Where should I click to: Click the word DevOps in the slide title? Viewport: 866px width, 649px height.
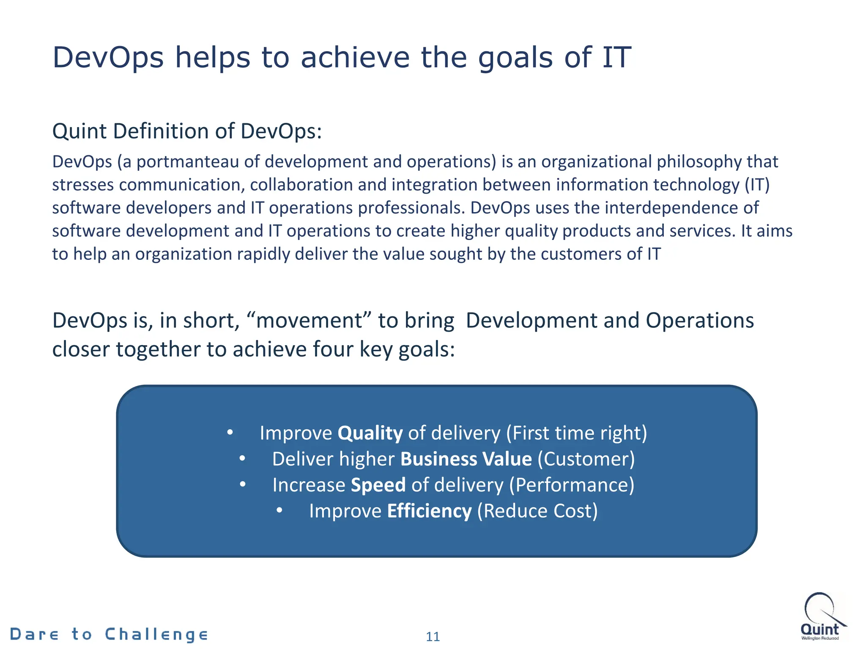108,58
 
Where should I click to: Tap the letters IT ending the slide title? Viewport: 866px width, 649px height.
617,58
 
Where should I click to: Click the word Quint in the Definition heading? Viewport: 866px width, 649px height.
79,131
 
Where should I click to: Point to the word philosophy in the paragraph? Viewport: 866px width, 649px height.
699,162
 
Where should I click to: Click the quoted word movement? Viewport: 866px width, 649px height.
310,321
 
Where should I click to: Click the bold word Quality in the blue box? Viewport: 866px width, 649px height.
370,434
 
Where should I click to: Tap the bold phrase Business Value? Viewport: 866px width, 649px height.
466,459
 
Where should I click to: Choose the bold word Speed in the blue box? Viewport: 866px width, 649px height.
378,485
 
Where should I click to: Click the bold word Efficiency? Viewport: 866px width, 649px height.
429,511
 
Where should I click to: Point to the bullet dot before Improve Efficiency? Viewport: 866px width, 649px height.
279,511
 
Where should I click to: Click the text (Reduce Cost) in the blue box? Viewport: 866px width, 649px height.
537,511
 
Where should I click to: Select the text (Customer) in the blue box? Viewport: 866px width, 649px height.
586,459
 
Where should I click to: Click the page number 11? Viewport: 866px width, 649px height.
433,636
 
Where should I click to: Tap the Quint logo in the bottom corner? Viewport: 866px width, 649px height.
821,616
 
